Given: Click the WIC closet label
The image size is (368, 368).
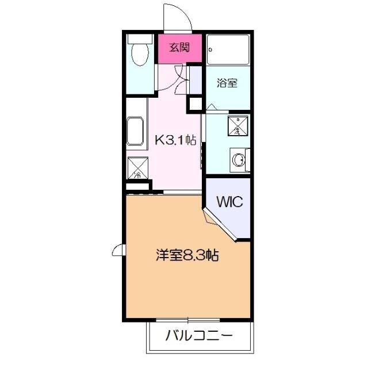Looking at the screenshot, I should [230, 202].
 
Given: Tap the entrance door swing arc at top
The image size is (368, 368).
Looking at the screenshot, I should [177, 16].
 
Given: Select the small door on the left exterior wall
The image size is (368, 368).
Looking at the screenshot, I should [118, 250].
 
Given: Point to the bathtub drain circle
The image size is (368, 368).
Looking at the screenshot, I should [212, 49].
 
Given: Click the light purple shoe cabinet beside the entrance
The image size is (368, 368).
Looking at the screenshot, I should [195, 80].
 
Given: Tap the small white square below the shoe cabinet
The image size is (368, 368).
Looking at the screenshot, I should [195, 104].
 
